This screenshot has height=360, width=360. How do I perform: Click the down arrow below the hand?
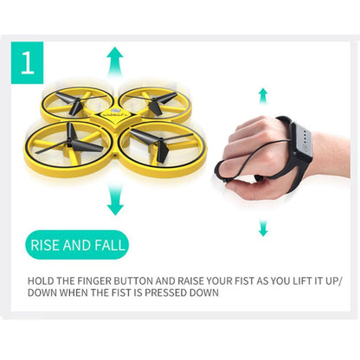[263, 228]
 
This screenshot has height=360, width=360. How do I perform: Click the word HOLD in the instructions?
[42, 281]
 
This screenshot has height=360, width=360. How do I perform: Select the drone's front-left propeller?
[75, 144]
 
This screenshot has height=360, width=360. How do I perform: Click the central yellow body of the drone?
[116, 121]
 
